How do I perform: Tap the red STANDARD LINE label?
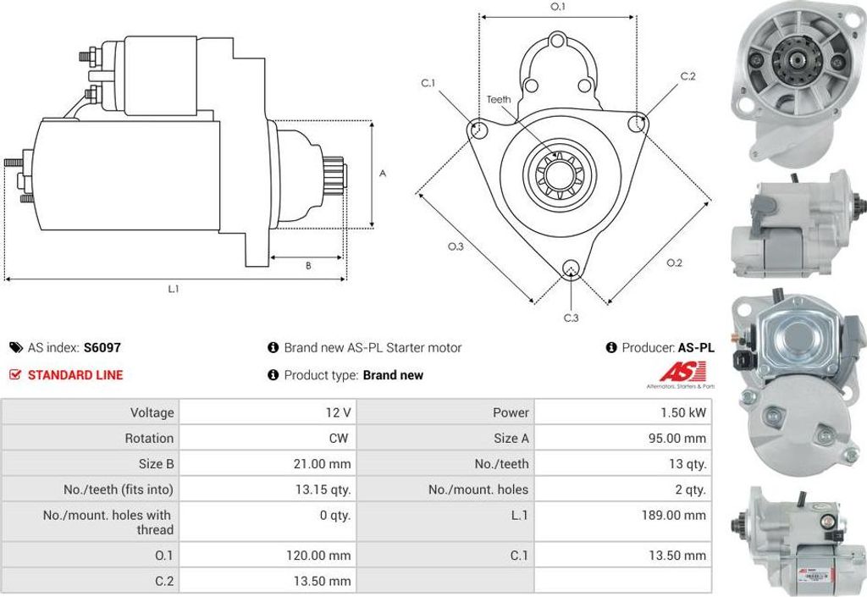[75, 375]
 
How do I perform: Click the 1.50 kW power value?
[683, 412]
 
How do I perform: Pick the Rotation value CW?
[337, 438]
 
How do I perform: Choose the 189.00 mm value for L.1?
[675, 515]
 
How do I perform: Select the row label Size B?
[156, 463]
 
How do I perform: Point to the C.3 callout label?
[572, 318]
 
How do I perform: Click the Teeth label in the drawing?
[499, 99]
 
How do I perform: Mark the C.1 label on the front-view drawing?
[428, 83]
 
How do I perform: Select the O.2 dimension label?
[674, 263]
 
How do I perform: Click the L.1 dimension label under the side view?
[173, 289]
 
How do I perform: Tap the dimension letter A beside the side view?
[383, 174]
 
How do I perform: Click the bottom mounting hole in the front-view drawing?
[572, 270]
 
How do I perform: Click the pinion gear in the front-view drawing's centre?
[559, 173]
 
